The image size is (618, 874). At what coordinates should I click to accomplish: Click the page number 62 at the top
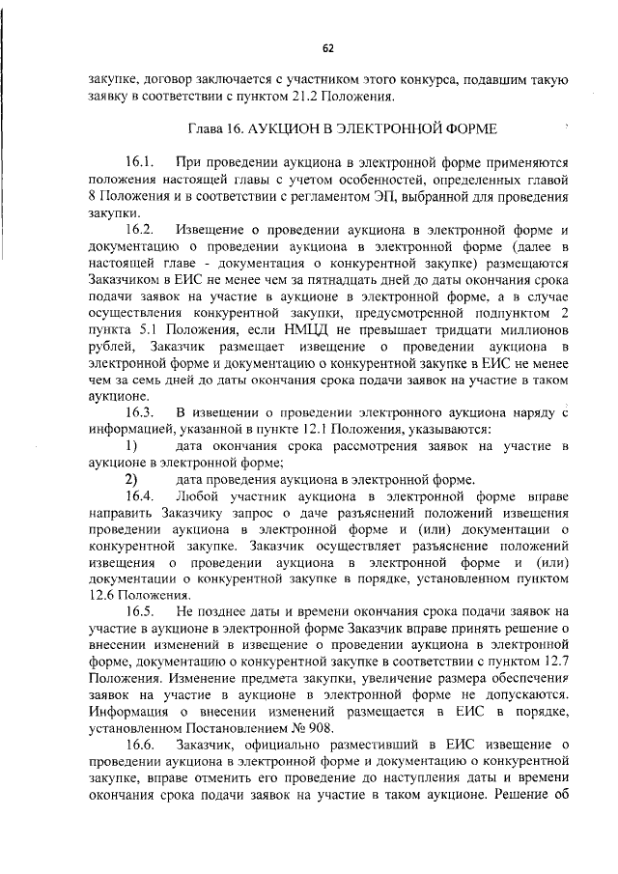[328, 47]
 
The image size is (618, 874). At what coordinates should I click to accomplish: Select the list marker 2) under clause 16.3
[130, 479]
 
